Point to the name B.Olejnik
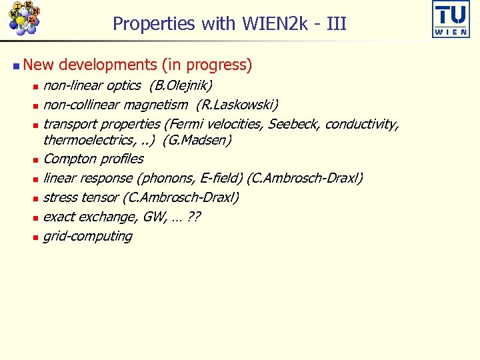(181, 85)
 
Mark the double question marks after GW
(195, 217)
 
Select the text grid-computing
(87, 236)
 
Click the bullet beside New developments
(16, 65)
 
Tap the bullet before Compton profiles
(35, 160)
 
